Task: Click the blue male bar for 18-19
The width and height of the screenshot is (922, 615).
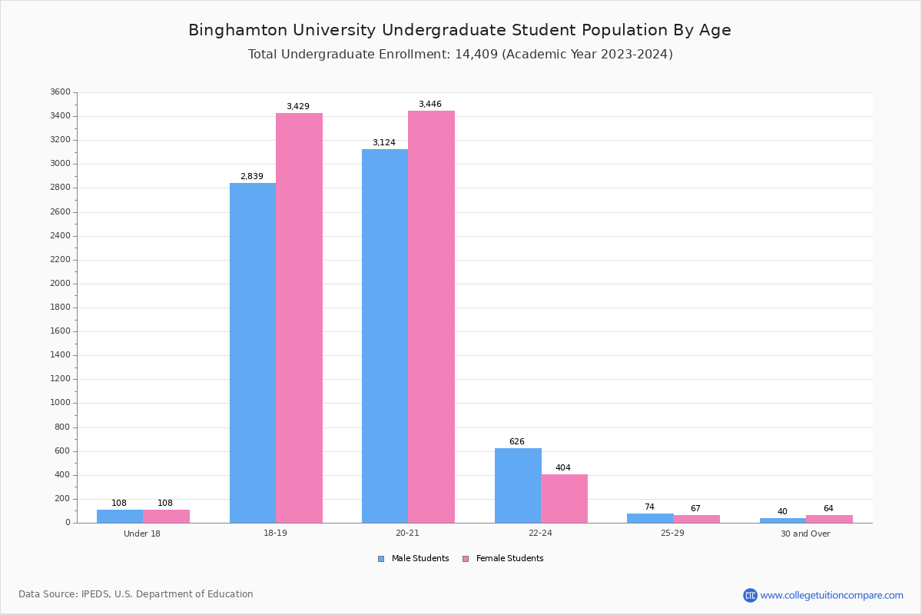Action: [253, 353]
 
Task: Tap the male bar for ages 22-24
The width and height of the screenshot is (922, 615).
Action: [518, 485]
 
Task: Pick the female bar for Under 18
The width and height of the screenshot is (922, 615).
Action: [166, 516]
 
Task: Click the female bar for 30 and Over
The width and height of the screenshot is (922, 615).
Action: [829, 519]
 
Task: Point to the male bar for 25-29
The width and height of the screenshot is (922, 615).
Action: [650, 518]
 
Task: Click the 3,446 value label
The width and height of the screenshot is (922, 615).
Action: [430, 105]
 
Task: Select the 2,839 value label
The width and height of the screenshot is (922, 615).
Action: [252, 177]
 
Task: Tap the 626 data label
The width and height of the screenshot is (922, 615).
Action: [517, 442]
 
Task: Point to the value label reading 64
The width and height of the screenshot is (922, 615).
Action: [828, 509]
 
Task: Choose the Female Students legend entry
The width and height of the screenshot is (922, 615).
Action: [503, 559]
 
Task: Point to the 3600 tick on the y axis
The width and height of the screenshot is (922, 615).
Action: [60, 92]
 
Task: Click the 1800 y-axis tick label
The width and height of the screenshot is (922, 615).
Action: [60, 307]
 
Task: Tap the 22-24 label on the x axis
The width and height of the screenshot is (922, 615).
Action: [540, 534]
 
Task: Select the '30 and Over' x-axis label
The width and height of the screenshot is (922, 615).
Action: [805, 534]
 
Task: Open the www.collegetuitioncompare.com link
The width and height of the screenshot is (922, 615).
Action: [831, 595]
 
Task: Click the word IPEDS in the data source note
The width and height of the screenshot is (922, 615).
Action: [95, 594]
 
